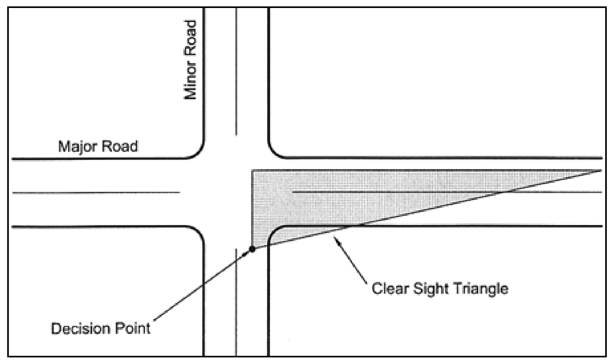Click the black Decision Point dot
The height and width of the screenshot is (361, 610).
click(252, 249)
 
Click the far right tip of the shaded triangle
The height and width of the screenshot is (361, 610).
click(601, 171)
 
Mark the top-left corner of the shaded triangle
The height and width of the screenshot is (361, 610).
click(253, 171)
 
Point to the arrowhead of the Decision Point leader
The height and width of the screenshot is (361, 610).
click(247, 253)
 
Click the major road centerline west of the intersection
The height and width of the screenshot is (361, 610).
click(96, 193)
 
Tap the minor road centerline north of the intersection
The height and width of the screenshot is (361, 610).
click(236, 72)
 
